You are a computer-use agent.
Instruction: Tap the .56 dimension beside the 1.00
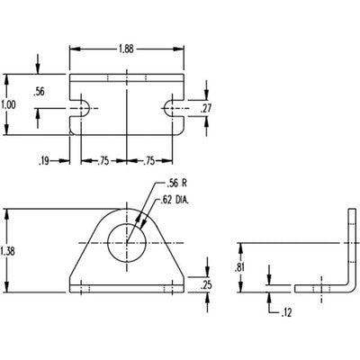39,91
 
